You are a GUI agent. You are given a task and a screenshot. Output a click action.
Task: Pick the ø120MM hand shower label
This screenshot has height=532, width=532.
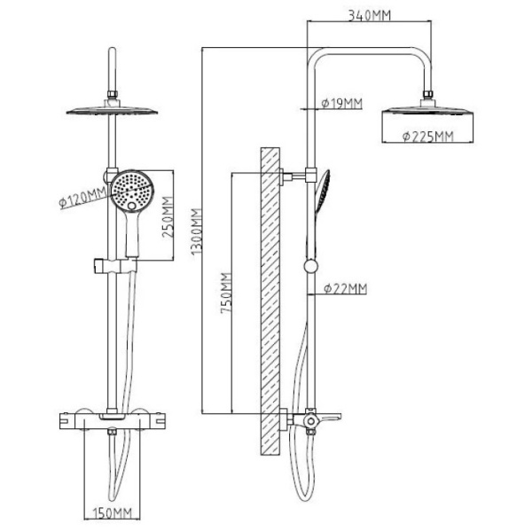[82, 198]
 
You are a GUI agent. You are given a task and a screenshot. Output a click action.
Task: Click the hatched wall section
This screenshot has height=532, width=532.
[269, 301]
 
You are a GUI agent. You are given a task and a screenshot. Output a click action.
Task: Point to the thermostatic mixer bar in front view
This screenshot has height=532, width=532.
[112, 419]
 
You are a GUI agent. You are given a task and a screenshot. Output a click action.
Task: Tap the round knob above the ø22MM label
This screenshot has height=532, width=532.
[309, 266]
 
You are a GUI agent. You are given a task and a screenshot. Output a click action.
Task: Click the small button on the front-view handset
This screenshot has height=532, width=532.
[132, 209]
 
